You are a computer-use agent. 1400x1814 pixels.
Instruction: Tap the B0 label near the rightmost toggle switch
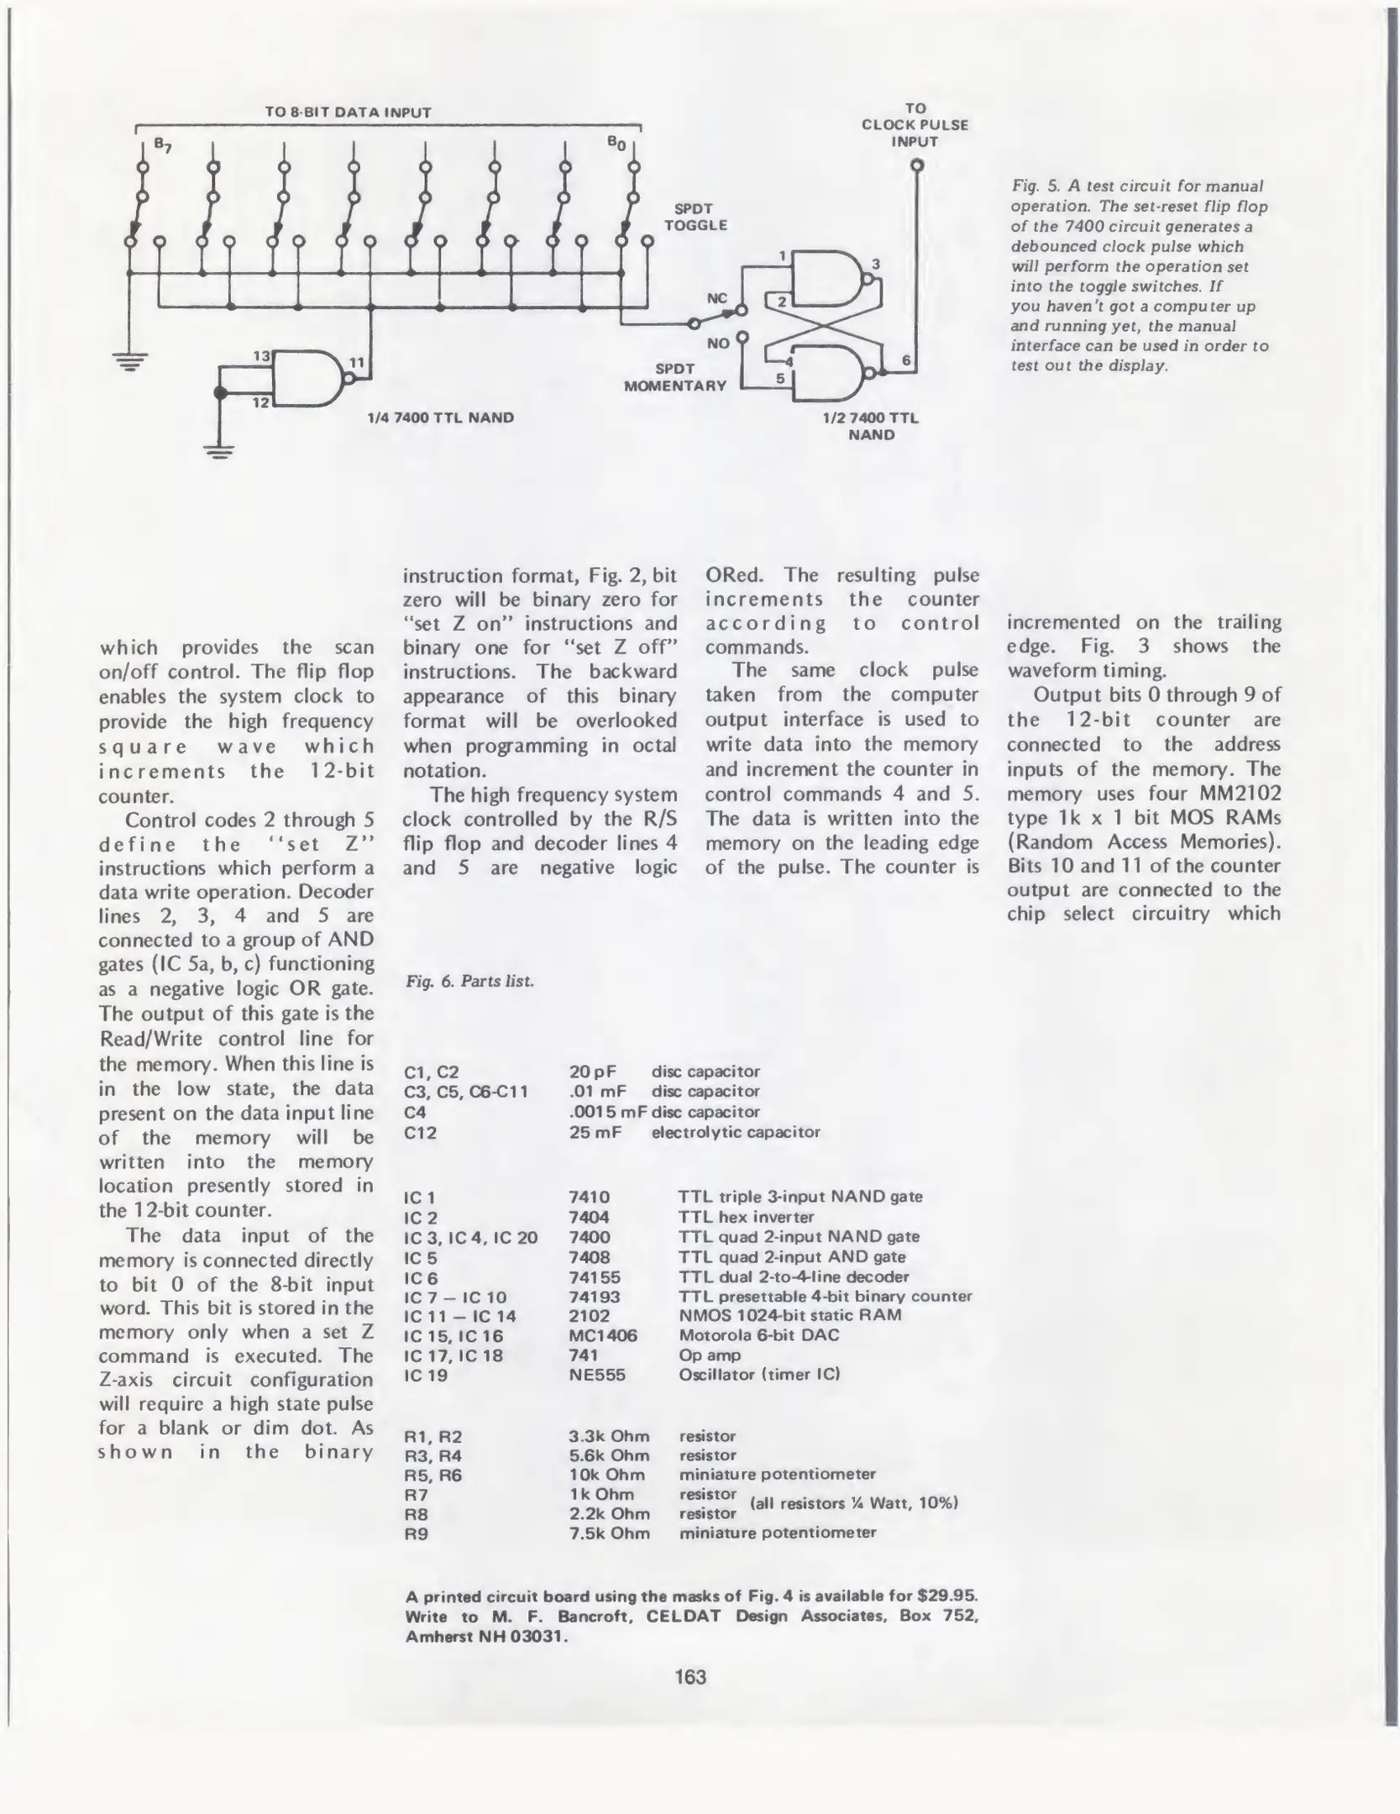[616, 144]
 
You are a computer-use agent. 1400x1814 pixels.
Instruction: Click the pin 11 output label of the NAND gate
[357, 363]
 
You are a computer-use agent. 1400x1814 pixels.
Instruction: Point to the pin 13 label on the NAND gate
[261, 355]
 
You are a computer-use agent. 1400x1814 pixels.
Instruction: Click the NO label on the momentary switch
[718, 343]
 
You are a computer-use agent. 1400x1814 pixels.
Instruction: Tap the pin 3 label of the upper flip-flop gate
[875, 265]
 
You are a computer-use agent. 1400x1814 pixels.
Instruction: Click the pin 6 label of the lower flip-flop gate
[906, 360]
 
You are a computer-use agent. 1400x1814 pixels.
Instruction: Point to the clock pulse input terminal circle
[917, 165]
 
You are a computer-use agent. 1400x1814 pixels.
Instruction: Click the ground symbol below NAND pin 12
[220, 454]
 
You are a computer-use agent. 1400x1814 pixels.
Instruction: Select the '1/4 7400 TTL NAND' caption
[440, 417]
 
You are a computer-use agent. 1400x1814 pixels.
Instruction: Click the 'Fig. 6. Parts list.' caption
[469, 981]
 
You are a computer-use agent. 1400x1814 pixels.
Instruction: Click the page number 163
[690, 1677]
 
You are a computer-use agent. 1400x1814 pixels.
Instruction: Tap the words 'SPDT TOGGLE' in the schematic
[695, 217]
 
